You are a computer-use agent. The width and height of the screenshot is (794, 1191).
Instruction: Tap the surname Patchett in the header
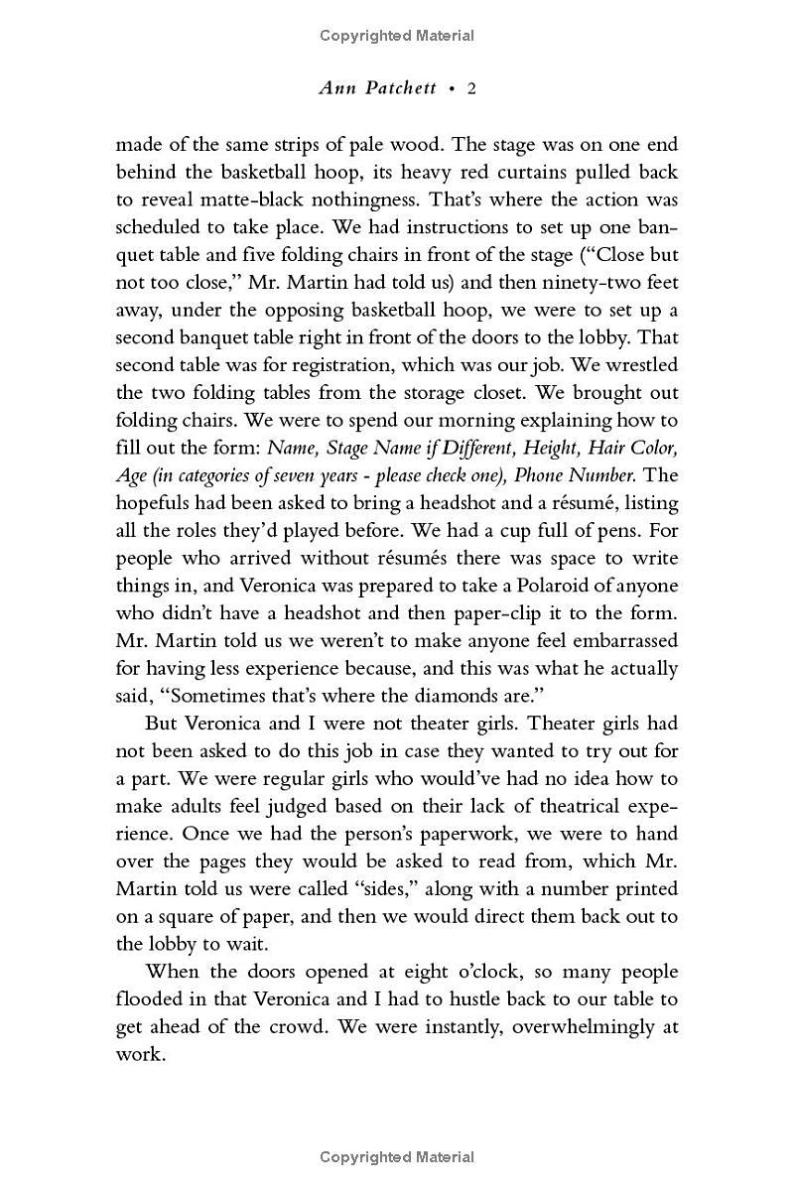click(398, 88)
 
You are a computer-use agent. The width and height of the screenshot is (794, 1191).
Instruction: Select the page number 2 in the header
click(472, 88)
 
